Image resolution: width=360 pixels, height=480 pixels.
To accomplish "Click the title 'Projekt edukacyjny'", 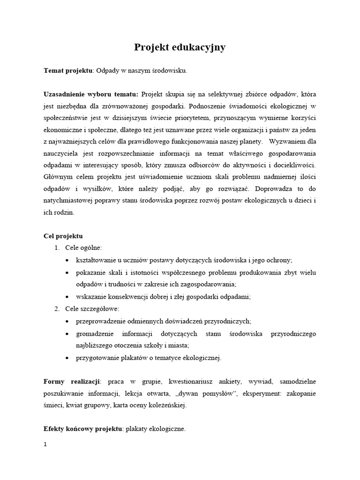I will tap(180, 47).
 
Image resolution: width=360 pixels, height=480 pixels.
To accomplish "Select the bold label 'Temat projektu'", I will tap(68, 71).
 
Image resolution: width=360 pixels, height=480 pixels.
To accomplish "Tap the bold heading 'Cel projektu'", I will tap(63, 236).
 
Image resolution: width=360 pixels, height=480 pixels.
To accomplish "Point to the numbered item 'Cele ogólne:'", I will tap(83, 247).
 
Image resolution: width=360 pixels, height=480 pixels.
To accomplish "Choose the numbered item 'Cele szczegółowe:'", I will tap(92, 308).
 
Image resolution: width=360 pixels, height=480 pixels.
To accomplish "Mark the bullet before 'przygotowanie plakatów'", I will tap(68, 358).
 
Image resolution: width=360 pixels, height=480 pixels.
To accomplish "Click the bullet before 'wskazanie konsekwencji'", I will tap(68, 297).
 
